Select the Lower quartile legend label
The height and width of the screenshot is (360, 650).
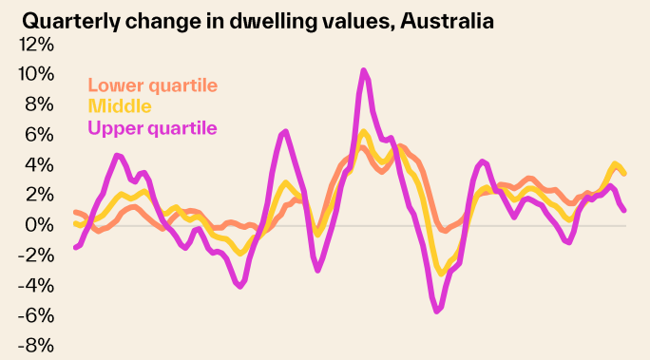153,85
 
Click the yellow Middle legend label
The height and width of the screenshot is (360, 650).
120,106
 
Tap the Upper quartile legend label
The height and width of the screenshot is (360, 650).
153,127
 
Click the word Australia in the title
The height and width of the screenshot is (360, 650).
446,20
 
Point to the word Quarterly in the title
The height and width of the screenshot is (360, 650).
69,20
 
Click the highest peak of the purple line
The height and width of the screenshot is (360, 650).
364,70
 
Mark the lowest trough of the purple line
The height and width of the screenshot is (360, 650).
437,311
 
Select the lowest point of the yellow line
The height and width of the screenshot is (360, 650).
441,274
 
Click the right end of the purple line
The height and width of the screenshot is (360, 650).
623,210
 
